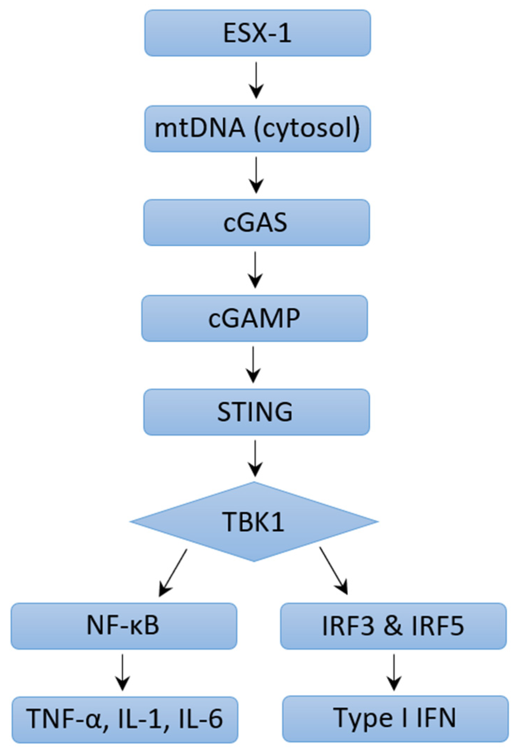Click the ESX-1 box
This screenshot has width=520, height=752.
(257, 33)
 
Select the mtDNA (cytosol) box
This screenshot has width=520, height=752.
(257, 129)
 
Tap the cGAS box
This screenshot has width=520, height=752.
(256, 222)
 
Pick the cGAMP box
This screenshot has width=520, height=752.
(254, 318)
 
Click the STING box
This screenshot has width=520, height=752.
(256, 412)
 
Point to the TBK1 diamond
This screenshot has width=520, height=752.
(254, 522)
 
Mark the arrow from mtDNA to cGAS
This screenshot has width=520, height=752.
(256, 175)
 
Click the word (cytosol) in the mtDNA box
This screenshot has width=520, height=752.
(307, 129)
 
